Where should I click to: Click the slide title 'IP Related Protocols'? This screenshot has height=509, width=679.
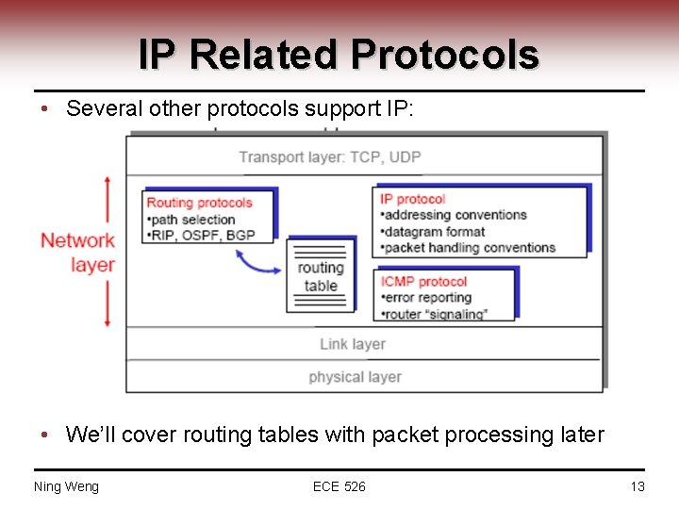[x=339, y=55]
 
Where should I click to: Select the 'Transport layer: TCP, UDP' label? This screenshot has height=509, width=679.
[x=329, y=156]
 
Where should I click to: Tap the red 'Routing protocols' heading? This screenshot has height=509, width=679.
[x=199, y=202]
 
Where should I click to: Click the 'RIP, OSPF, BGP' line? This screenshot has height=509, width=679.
[x=200, y=235]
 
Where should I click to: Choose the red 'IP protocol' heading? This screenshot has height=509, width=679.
[x=412, y=199]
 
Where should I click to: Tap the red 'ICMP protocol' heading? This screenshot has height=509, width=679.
[x=423, y=281]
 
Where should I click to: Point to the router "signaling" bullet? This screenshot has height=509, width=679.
[x=433, y=314]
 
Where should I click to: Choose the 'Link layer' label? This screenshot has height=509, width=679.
[x=352, y=344]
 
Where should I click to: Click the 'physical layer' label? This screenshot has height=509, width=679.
[x=355, y=377]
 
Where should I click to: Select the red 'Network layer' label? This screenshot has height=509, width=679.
[x=78, y=252]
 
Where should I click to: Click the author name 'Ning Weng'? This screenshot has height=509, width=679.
[x=66, y=486]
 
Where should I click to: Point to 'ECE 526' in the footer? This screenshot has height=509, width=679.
[x=339, y=486]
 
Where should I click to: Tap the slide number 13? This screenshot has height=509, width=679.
[x=637, y=486]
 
